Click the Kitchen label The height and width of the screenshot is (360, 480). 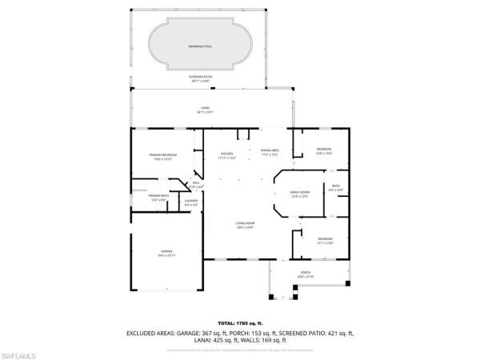pyautogui.click(x=226, y=154)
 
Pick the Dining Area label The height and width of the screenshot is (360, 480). pyautogui.click(x=269, y=152)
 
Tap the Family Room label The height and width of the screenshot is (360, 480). pyautogui.click(x=299, y=194)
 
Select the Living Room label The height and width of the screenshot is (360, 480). pyautogui.click(x=244, y=226)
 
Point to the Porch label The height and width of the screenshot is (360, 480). pyautogui.click(x=305, y=274)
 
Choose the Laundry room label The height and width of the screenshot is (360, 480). pyautogui.click(x=190, y=203)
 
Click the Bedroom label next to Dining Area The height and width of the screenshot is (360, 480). pyautogui.click(x=323, y=151)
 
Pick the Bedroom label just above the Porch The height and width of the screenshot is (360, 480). pyautogui.click(x=325, y=241)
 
